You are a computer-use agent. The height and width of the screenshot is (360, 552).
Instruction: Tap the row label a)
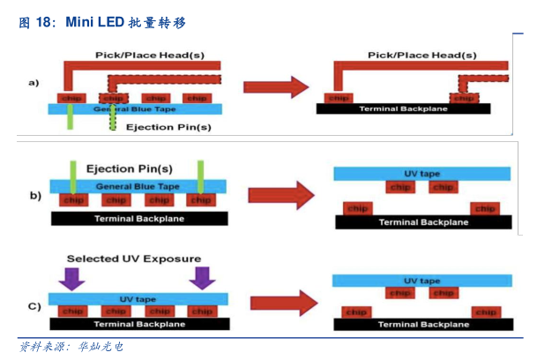click(x=34, y=83)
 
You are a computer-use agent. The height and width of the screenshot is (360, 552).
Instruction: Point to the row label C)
click(x=34, y=306)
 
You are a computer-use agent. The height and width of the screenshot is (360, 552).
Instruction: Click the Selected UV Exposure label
click(x=134, y=259)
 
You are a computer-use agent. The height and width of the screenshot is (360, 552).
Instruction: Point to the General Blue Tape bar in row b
click(x=138, y=186)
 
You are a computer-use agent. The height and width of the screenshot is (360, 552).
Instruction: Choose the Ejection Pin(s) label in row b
click(x=129, y=168)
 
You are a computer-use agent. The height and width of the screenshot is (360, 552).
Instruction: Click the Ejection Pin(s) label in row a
click(x=168, y=127)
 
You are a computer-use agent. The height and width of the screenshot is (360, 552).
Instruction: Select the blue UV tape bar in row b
click(x=422, y=174)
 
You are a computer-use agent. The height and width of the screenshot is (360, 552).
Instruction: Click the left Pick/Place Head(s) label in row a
click(x=150, y=55)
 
